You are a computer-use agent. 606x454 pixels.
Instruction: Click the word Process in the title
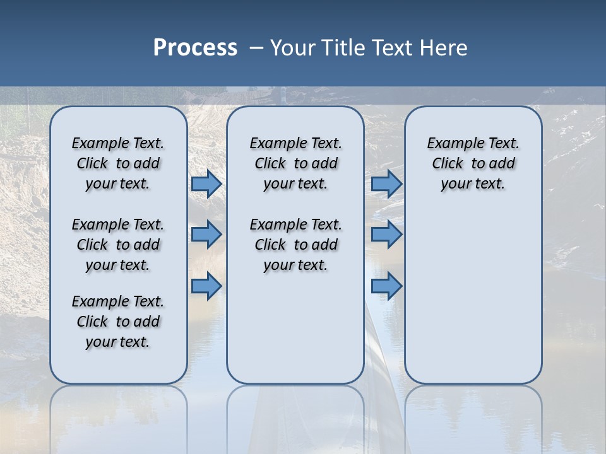[195, 48]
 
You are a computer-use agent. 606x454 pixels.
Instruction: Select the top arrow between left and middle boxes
[206, 183]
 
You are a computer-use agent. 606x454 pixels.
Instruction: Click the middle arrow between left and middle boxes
[206, 235]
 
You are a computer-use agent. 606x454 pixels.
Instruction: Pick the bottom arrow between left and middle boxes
[206, 286]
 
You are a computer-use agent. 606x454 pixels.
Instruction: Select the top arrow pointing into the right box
[386, 183]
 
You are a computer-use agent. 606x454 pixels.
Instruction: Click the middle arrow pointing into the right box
[386, 235]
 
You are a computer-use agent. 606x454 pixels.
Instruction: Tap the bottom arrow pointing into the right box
[386, 286]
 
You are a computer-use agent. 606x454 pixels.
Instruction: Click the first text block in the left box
[118, 163]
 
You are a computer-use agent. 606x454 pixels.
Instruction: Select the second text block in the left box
[118, 245]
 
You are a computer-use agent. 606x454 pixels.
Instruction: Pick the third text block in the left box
[118, 322]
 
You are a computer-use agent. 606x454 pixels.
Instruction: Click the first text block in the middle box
[295, 163]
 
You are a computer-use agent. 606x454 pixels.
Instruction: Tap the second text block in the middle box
[295, 245]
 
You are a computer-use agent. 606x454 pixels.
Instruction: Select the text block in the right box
[473, 163]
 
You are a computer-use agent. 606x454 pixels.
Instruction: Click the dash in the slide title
[256, 49]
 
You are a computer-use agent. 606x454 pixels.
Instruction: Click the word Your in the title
[292, 48]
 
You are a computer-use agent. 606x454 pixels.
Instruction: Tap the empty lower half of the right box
[473, 303]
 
